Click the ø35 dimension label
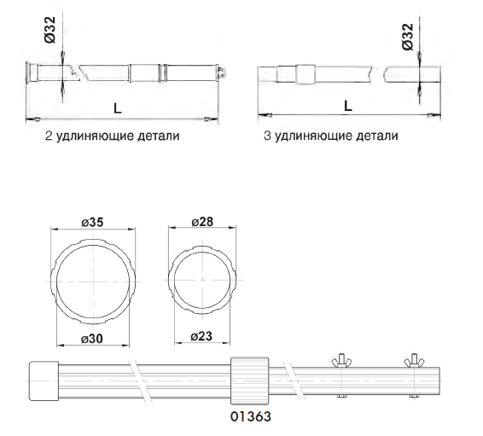(92, 222)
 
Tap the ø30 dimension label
(92, 339)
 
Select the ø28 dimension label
(202, 222)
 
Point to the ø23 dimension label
(201, 336)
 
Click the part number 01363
(251, 416)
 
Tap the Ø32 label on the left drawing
(49, 30)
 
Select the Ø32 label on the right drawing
(407, 37)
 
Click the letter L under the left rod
(118, 108)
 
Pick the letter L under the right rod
(348, 106)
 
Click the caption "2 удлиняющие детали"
(112, 136)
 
